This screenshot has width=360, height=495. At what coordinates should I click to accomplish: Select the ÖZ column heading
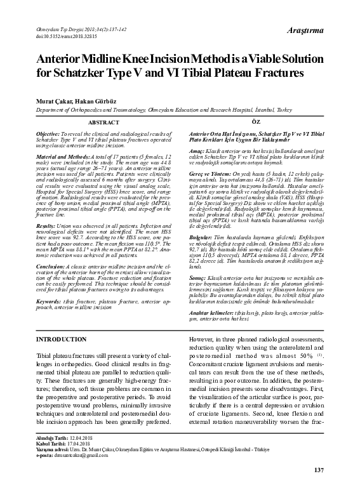255,121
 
